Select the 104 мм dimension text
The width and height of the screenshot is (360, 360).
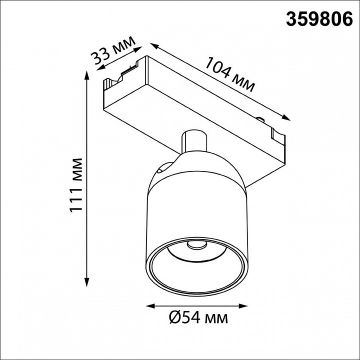click(230, 75)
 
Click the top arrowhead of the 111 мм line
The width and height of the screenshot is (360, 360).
click(87, 75)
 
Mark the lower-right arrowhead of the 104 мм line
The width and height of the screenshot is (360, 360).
click(285, 117)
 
